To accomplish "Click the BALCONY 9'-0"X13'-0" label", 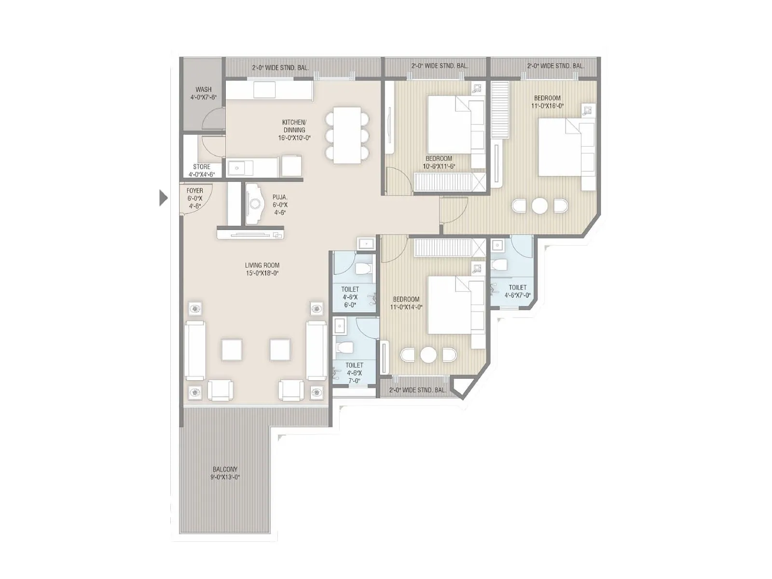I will tap(225, 473).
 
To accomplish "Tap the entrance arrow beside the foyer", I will tap(163, 198).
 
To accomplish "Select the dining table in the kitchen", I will tap(347, 135).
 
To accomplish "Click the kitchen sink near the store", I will tap(240, 167).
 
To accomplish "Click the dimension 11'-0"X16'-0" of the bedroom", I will tap(547, 106).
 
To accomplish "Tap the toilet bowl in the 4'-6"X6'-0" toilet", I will tap(362, 269).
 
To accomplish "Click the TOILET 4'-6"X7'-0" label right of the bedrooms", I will tap(517, 291).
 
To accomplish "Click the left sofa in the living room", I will tap(195, 350).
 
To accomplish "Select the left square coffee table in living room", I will tap(232, 350).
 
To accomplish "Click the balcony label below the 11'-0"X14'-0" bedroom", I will tap(417, 390).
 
